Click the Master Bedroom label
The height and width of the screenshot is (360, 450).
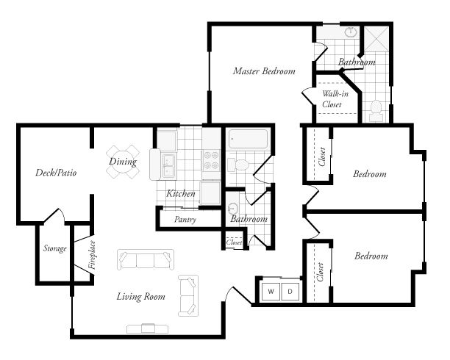coord(264,72)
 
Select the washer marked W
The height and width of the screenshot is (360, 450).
coord(271,292)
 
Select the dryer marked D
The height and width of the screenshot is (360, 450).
coord(290,292)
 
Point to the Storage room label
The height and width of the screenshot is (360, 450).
coord(54,249)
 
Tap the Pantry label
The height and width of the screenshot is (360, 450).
coord(185,219)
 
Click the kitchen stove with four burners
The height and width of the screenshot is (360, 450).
coord(211,161)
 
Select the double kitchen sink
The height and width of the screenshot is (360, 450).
coord(168,165)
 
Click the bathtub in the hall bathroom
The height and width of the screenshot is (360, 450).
coord(249,140)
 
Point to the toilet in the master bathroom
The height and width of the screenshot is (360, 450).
coord(376,110)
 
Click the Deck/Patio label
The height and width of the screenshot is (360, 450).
coord(57,173)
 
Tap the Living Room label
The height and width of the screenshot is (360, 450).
coord(140,297)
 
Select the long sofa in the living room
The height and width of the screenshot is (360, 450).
coord(146,260)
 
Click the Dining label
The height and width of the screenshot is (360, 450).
coord(123,162)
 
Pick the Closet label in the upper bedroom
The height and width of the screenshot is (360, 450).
coord(322,157)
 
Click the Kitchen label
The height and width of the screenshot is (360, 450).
coord(181,194)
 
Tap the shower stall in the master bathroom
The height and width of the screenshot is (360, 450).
coord(379,40)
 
